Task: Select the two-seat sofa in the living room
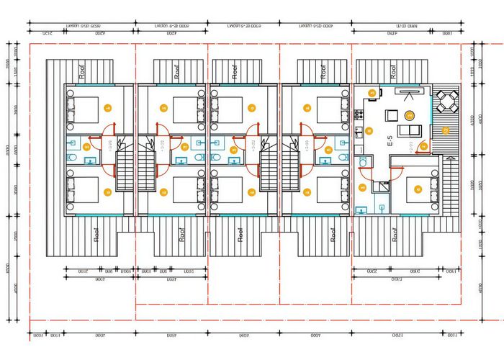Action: [414, 130]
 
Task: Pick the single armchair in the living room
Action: [392, 115]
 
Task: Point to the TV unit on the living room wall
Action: [410, 91]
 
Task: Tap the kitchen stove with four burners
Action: [358, 115]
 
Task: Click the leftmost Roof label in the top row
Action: [83, 72]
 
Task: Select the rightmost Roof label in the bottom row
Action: [395, 235]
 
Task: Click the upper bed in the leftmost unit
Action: [84, 109]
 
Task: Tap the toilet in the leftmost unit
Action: [72, 156]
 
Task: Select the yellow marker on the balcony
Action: [446, 130]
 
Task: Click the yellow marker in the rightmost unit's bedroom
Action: [418, 190]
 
